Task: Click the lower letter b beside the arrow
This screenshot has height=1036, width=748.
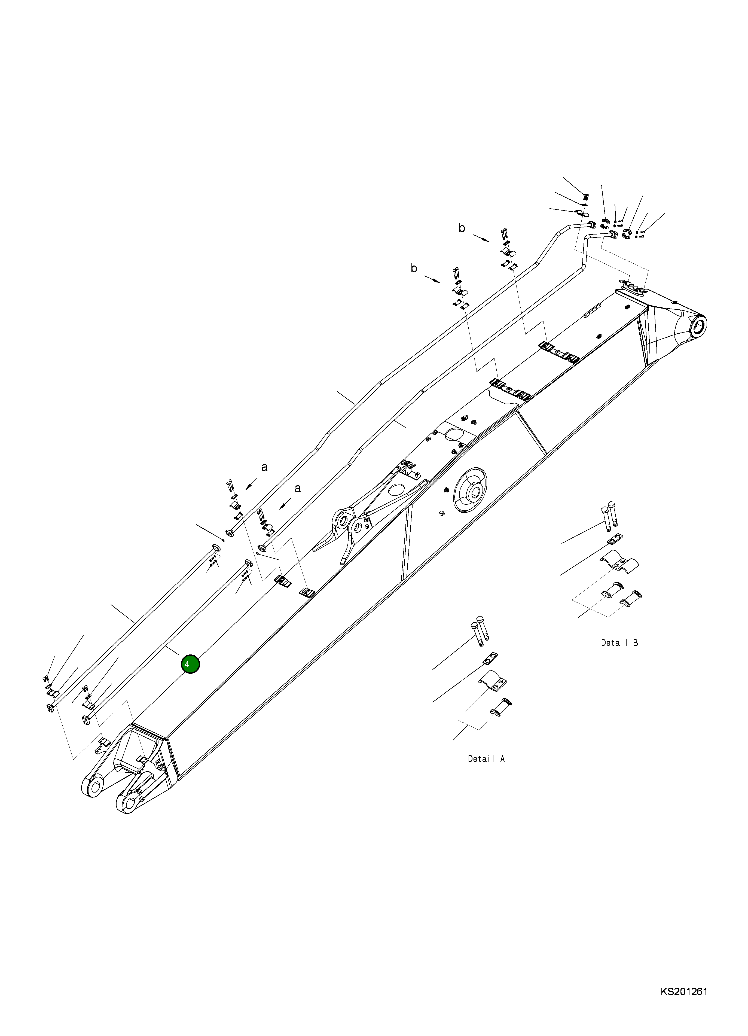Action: coord(414,268)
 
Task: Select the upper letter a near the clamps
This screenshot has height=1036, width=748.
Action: coord(264,467)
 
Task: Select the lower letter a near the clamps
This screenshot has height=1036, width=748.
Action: coord(297,488)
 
